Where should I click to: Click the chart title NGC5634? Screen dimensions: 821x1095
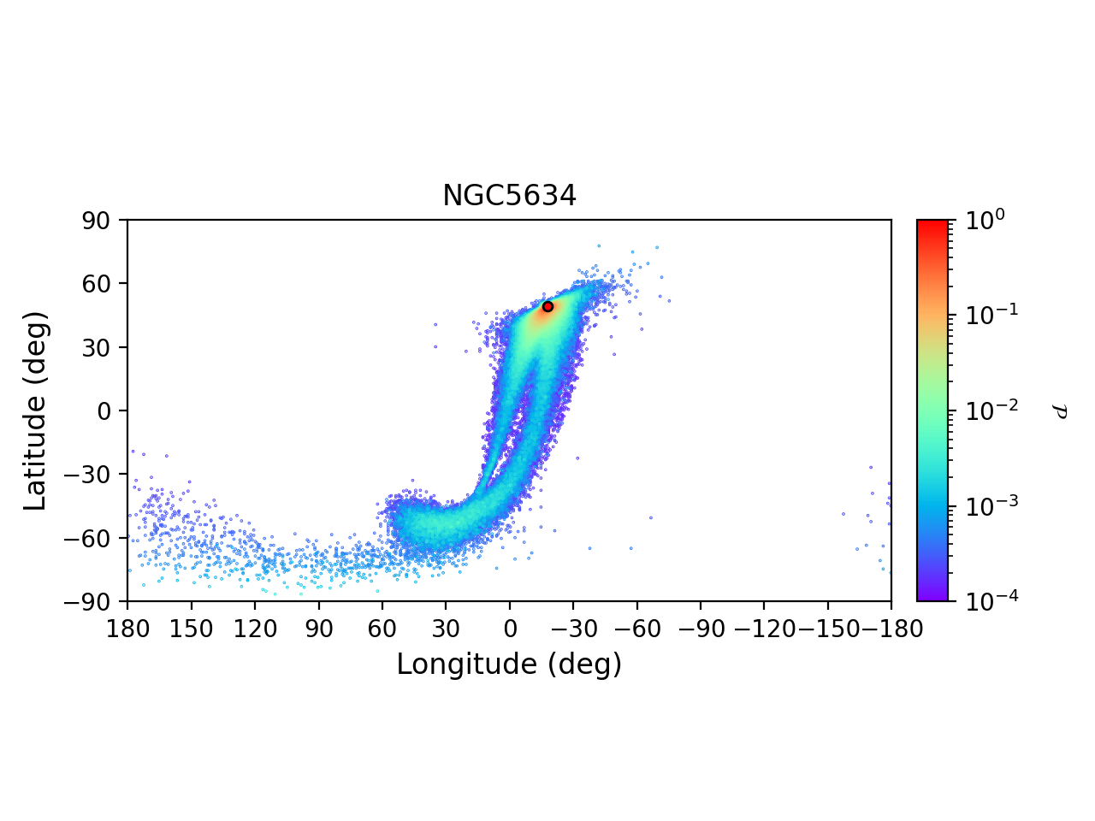pyautogui.click(x=509, y=197)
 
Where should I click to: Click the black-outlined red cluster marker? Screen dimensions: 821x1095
pyautogui.click(x=547, y=306)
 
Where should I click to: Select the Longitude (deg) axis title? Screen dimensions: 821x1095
pyautogui.click(x=509, y=664)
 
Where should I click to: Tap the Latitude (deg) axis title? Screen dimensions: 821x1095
pyautogui.click(x=36, y=410)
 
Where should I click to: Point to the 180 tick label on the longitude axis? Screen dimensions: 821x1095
pyautogui.click(x=127, y=629)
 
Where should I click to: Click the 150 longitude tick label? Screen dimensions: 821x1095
pyautogui.click(x=191, y=629)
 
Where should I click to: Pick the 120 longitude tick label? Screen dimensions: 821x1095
pyautogui.click(x=255, y=629)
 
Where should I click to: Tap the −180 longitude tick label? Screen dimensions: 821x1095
pyautogui.click(x=890, y=629)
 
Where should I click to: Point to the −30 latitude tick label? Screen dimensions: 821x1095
pyautogui.click(x=91, y=475)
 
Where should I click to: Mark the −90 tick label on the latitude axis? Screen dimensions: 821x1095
pyautogui.click(x=91, y=602)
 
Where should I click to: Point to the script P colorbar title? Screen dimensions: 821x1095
pyautogui.click(x=1060, y=411)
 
